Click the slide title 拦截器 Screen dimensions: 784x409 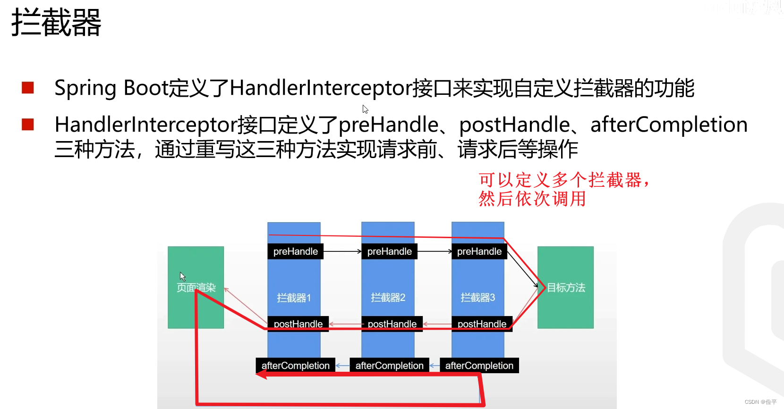coord(56,23)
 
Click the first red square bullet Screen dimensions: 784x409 coord(28,88)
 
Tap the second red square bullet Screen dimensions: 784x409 coord(28,125)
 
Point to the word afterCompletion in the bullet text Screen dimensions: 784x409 coord(669,125)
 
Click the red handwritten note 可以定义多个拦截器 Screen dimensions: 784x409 coord(564,180)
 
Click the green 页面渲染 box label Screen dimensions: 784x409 coord(196,287)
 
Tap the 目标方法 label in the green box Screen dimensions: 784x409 coord(566,287)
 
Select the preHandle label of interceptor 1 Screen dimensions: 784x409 coord(296,251)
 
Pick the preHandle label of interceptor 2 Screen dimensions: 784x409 coord(390,251)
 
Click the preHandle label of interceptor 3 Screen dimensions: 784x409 coord(479,251)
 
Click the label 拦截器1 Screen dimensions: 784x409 coord(294,298)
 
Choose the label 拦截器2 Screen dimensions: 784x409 coord(388,298)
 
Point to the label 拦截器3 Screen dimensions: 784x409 coord(478,298)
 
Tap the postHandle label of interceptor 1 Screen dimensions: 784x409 coord(298,324)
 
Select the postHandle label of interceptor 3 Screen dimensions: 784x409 coord(482,324)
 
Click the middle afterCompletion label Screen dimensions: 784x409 coord(390,366)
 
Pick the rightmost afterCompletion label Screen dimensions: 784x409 coord(479,366)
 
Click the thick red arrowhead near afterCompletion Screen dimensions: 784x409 coord(261,374)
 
